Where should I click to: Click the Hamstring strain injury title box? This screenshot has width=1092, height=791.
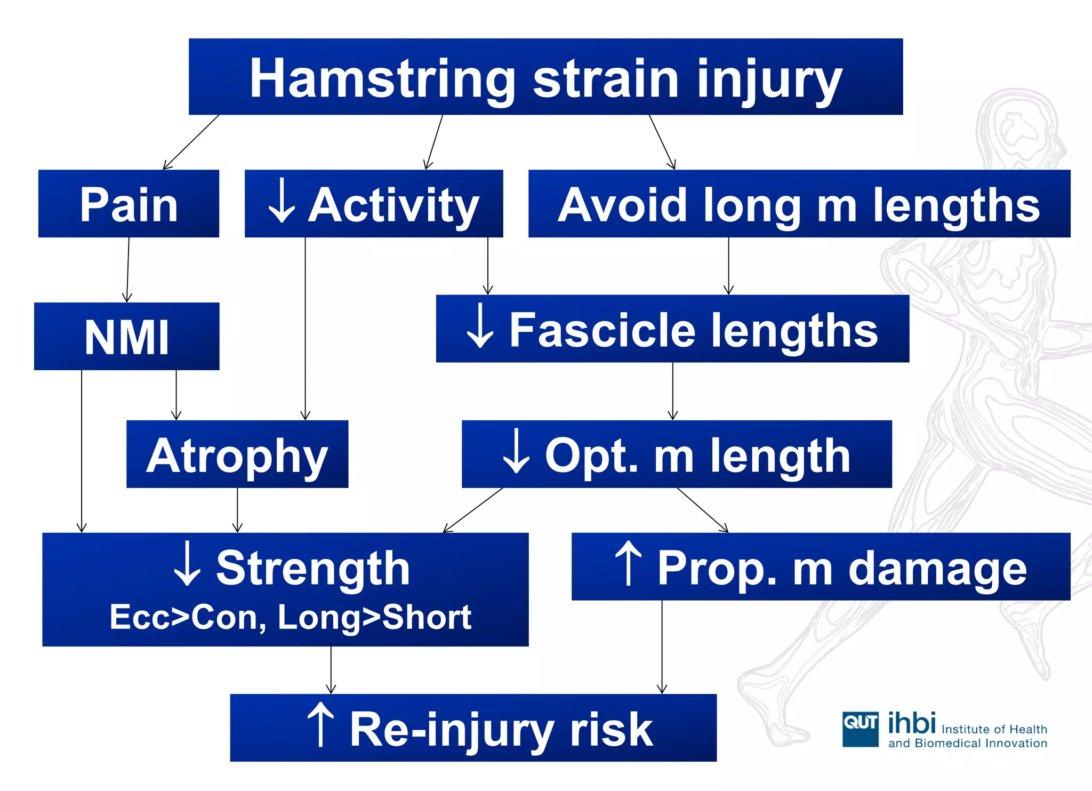[545, 77]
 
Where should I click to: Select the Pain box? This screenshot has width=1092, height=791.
[129, 204]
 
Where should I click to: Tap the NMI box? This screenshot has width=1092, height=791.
[127, 336]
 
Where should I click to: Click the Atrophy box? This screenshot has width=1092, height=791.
[237, 454]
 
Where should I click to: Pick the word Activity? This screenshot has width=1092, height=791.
[394, 206]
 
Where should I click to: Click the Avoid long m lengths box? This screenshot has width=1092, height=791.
[799, 204]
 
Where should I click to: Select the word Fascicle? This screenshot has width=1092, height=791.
[602, 331]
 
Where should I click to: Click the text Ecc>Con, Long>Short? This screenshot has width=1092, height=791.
[291, 617]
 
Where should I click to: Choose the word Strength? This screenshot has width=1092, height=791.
[313, 569]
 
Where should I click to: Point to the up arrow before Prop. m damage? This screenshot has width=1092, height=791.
[628, 563]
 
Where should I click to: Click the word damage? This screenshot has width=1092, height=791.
[937, 570]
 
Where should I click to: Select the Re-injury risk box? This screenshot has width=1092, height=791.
[473, 728]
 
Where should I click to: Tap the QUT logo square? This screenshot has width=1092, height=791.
[860, 729]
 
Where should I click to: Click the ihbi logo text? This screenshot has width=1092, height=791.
[912, 723]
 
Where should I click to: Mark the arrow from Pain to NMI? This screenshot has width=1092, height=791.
[128, 270]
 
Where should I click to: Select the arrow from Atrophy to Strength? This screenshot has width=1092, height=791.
[238, 510]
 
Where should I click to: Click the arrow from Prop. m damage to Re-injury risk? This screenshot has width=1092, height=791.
[662, 646]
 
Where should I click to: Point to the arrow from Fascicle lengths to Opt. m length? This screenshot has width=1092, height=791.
[673, 391]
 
